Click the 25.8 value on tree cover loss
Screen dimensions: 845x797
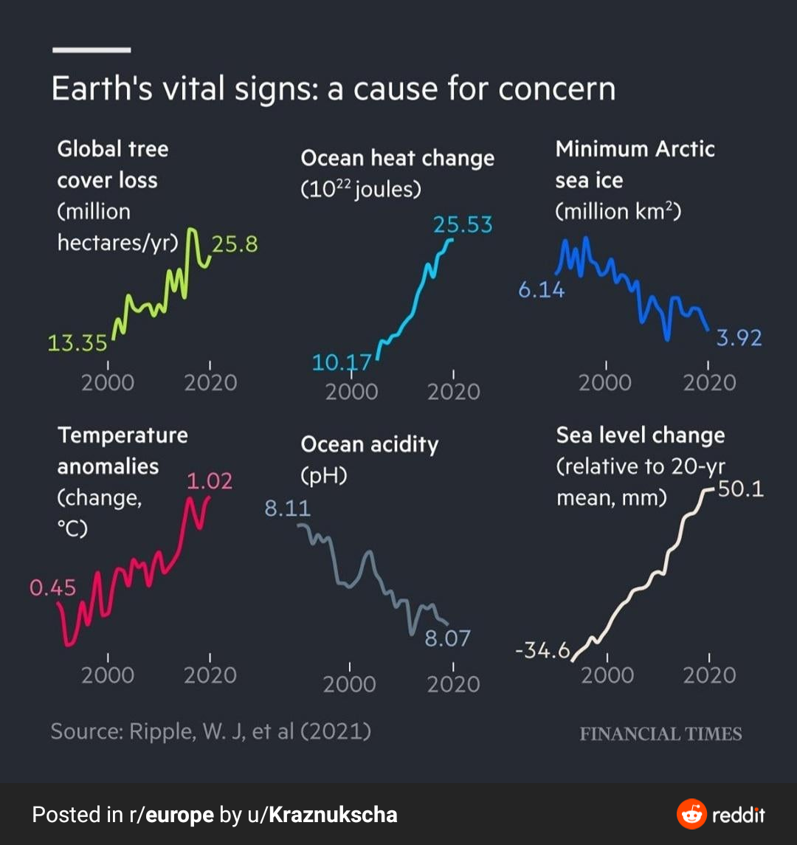pyautogui.click(x=235, y=244)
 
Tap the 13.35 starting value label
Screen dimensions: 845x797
pyautogui.click(x=77, y=343)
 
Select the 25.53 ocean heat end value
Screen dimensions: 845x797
pyautogui.click(x=463, y=224)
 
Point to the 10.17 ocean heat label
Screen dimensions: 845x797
pyautogui.click(x=342, y=363)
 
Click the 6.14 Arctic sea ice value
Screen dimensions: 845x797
pyautogui.click(x=541, y=290)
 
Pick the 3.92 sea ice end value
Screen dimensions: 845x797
pyautogui.click(x=739, y=338)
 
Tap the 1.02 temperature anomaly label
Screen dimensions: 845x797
pyautogui.click(x=210, y=481)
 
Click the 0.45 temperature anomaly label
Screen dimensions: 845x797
pyautogui.click(x=53, y=588)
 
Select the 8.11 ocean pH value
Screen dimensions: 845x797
pyautogui.click(x=288, y=508)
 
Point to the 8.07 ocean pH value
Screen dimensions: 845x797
pyautogui.click(x=447, y=638)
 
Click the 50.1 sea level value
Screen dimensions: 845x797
pyautogui.click(x=741, y=489)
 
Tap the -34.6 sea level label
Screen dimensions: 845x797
pyautogui.click(x=542, y=651)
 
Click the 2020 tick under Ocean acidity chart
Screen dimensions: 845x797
pyautogui.click(x=453, y=684)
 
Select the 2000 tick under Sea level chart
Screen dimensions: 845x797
pyautogui.click(x=607, y=675)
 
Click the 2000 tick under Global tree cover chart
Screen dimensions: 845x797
pyautogui.click(x=108, y=382)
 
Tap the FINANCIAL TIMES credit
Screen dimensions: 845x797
pyautogui.click(x=660, y=734)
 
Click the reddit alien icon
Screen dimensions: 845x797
pyautogui.click(x=691, y=815)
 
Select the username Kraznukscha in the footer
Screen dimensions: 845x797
pyautogui.click(x=333, y=815)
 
